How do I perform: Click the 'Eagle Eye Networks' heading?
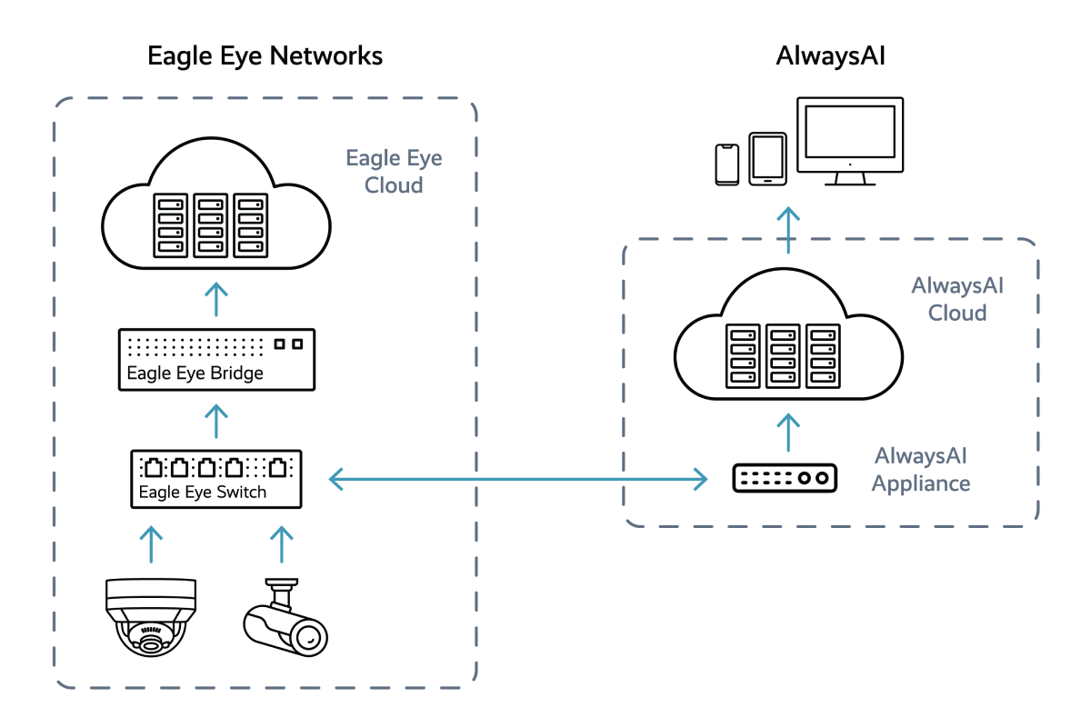[265, 56]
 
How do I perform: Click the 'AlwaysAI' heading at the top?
[830, 56]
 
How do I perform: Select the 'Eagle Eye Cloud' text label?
[394, 172]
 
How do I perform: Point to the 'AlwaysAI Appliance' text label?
[920, 470]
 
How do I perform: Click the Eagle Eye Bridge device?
[217, 360]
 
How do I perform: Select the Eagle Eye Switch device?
[215, 479]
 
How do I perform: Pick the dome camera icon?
[152, 617]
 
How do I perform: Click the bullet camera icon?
[284, 619]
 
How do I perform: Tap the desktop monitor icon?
[850, 141]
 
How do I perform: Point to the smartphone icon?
[727, 164]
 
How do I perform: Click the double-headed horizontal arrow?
[517, 478]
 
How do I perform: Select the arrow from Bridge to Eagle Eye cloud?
[216, 299]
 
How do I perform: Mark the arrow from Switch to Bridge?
[216, 423]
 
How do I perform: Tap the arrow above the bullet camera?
[283, 543]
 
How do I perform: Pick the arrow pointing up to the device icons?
[789, 229]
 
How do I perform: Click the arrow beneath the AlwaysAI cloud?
[789, 433]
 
